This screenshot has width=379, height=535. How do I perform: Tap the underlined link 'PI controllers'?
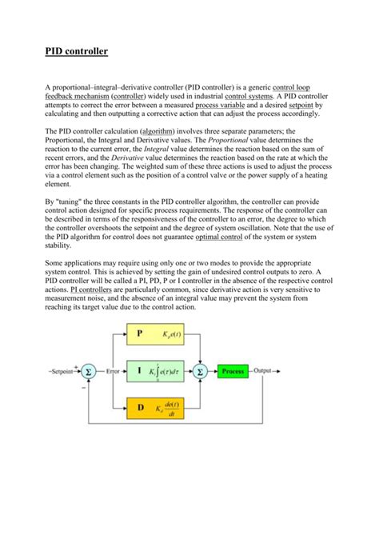point(94,290)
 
